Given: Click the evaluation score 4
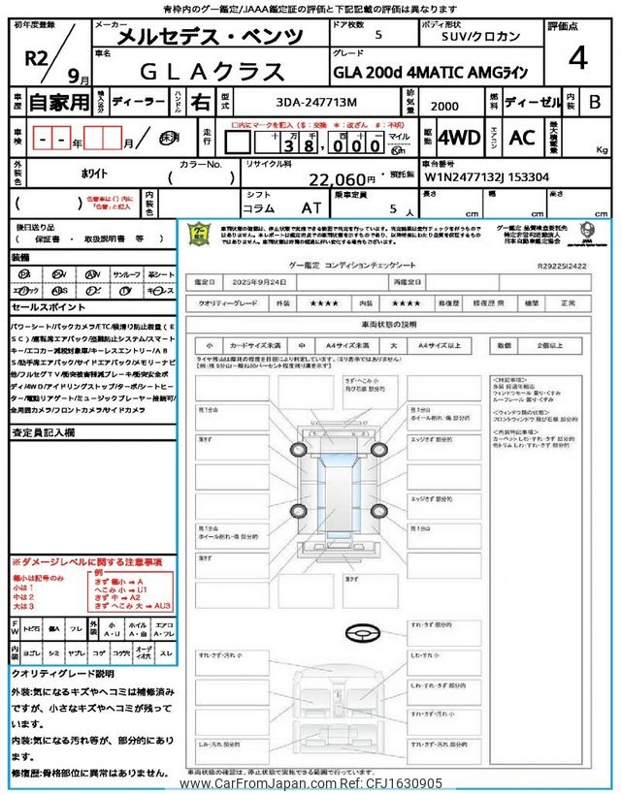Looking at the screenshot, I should point(578,59).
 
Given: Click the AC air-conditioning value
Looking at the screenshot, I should point(522,138).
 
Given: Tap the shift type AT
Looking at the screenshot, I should point(310,207).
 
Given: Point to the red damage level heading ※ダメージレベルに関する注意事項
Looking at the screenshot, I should point(86,562).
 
